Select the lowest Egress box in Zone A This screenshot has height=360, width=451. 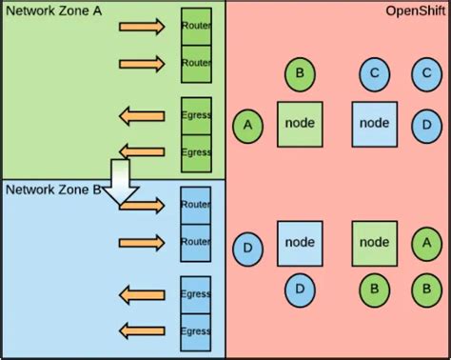[x=196, y=152]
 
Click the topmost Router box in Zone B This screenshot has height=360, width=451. [x=196, y=205]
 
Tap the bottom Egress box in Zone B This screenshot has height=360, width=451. [x=196, y=331]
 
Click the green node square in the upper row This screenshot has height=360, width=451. [x=300, y=124]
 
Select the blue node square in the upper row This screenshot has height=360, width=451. [x=374, y=124]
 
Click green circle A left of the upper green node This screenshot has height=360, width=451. [x=248, y=125]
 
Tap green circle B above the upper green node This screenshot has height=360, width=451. [x=300, y=72]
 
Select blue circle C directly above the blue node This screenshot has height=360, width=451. [x=374, y=72]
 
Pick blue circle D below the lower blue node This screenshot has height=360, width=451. [x=300, y=289]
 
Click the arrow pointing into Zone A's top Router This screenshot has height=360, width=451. [x=142, y=26]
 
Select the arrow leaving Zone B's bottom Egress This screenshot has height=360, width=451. [x=142, y=331]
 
